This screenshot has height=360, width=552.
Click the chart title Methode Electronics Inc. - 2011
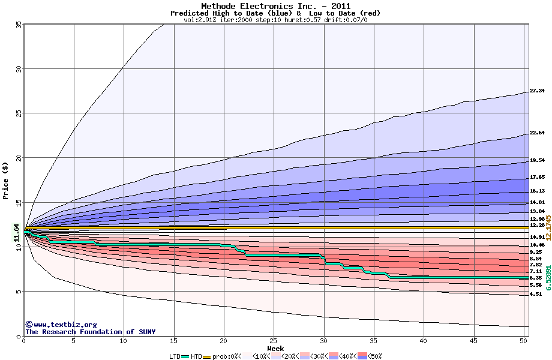click(x=275, y=6)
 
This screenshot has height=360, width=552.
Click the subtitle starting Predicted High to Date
click(x=275, y=13)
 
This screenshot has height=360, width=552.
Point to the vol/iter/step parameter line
click(x=275, y=20)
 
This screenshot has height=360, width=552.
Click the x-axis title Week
click(x=275, y=348)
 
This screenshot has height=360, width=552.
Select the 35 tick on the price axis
click(x=18, y=25)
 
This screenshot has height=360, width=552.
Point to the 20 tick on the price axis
click(x=18, y=158)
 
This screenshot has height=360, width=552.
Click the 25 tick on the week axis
click(x=274, y=341)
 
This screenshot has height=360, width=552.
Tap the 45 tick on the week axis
click(x=474, y=341)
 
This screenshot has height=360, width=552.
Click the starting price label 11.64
click(x=16, y=232)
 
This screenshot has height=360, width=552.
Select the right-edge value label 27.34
click(x=537, y=91)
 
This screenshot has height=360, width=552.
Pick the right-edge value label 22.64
click(x=537, y=133)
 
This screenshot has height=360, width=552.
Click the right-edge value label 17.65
click(x=537, y=178)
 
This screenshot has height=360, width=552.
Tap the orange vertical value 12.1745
click(x=547, y=227)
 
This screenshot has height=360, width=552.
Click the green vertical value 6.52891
click(x=547, y=278)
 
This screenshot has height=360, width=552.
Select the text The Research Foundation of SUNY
click(x=88, y=332)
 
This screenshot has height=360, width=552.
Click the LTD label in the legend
click(x=175, y=356)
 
